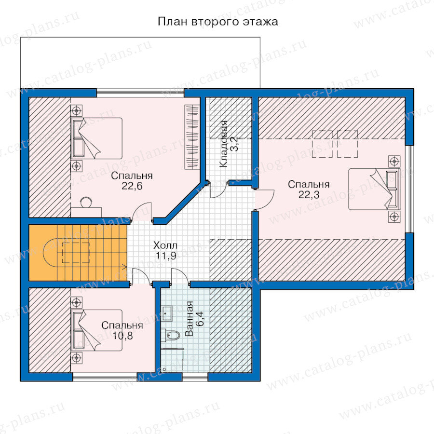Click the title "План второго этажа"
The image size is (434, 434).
218,22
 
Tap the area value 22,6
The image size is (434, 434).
132,186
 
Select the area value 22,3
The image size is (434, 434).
309,195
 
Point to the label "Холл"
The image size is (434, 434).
165,245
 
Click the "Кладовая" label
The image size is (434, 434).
223,144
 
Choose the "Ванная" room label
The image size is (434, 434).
189,319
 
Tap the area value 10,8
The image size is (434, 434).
122,336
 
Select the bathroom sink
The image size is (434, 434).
167,313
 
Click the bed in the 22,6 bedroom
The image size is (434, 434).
96,138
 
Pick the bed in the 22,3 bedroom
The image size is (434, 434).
374,189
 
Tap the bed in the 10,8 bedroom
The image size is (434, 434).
96,330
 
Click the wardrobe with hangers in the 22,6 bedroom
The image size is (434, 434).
192,137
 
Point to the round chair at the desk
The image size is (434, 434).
87,202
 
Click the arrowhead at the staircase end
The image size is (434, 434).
125,267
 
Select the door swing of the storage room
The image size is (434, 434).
219,190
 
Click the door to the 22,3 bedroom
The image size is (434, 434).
265,199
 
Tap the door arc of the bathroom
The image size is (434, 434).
180,276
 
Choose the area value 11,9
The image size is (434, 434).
166,256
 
